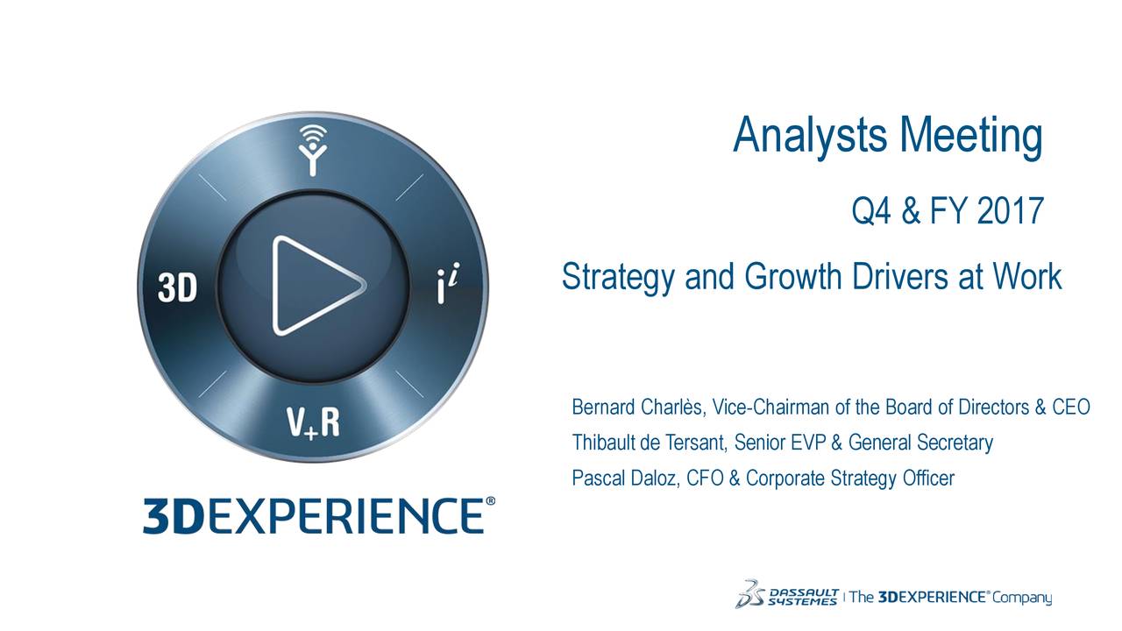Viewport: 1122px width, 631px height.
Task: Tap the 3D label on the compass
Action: (x=177, y=288)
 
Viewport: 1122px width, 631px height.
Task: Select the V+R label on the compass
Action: (x=313, y=423)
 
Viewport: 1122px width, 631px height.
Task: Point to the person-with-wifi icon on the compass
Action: (x=313, y=150)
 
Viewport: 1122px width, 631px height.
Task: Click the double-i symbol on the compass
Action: (x=448, y=284)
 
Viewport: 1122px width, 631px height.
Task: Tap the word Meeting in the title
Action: (x=971, y=136)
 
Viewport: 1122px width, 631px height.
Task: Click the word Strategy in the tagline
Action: (x=618, y=277)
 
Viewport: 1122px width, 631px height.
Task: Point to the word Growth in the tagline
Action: (x=793, y=276)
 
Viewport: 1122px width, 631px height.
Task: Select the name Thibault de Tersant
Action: (x=649, y=443)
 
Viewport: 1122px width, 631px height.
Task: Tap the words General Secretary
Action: (x=920, y=443)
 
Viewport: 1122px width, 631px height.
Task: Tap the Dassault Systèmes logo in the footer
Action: (x=786, y=594)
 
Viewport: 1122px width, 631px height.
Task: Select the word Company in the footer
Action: (x=1022, y=598)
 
